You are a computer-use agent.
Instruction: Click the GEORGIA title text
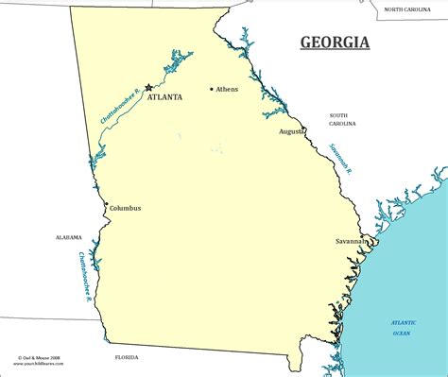tap(335, 42)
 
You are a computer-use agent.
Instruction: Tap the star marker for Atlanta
tap(148, 88)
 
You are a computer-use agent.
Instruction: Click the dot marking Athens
tap(212, 90)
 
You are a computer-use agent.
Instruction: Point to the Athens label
tap(228, 90)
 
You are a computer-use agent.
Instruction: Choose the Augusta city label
tap(291, 131)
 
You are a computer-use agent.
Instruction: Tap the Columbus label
tap(125, 208)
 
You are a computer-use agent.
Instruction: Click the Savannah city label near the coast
tap(350, 242)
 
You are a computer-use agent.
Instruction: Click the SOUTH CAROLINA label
tap(342, 119)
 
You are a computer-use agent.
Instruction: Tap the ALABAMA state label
tap(69, 237)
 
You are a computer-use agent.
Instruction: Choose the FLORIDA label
tap(126, 357)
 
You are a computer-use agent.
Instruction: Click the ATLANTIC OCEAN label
tap(407, 328)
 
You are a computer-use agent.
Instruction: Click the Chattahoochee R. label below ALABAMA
tap(84, 270)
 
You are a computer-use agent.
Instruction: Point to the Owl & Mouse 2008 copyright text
tap(38, 359)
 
